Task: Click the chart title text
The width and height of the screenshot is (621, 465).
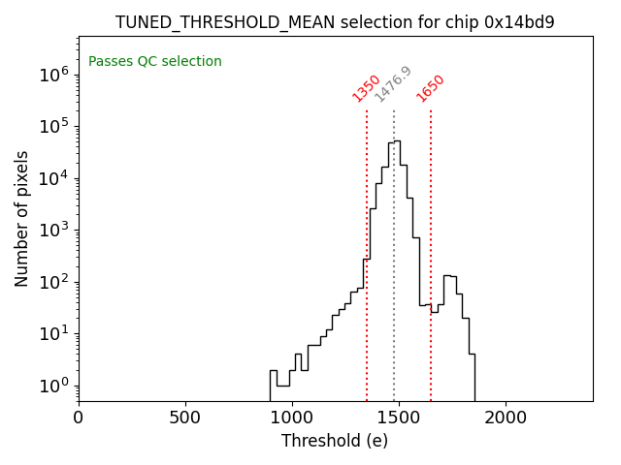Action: [335, 22]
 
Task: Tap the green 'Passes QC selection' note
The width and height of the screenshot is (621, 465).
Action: [155, 62]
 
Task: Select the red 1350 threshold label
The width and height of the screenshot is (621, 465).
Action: [366, 88]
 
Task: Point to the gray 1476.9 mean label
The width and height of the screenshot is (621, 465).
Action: [393, 84]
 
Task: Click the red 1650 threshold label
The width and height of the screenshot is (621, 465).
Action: [430, 88]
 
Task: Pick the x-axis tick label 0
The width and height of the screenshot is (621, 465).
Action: [79, 418]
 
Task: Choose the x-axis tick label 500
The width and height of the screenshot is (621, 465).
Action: [185, 418]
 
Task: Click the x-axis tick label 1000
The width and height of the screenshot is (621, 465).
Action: [292, 418]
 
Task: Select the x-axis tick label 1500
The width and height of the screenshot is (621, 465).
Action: [399, 418]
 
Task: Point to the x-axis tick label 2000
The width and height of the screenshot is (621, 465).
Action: [506, 418]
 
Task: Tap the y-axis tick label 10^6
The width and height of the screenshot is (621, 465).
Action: [53, 74]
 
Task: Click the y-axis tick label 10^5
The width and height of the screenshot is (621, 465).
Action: [53, 126]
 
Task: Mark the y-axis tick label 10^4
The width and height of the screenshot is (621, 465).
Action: [53, 177]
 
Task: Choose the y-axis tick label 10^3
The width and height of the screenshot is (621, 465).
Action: [53, 230]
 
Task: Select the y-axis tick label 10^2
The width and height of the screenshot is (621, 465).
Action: [53, 282]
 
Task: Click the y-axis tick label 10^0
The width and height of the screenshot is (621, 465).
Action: [53, 386]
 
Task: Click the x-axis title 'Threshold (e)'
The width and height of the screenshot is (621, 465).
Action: [335, 442]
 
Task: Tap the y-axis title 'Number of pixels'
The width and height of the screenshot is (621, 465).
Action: [22, 218]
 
